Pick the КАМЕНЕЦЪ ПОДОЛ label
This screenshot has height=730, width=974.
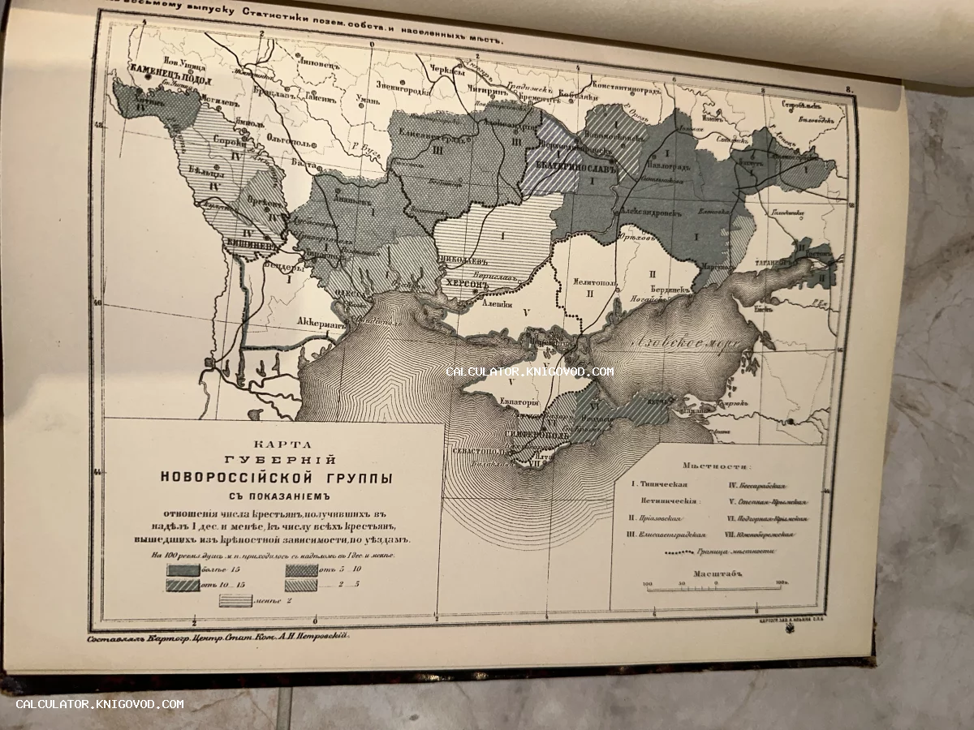[158, 81]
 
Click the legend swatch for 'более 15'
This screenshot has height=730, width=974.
[183, 570]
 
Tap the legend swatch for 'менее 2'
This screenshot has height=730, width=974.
[235, 600]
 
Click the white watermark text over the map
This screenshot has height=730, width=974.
[529, 371]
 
